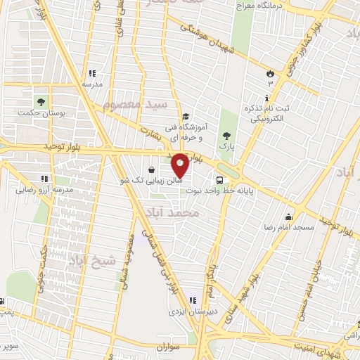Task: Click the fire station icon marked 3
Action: click(x=270, y=73)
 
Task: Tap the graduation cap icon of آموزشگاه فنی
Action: click(x=185, y=117)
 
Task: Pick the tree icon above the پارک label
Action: click(x=226, y=136)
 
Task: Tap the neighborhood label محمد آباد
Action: click(x=170, y=212)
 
